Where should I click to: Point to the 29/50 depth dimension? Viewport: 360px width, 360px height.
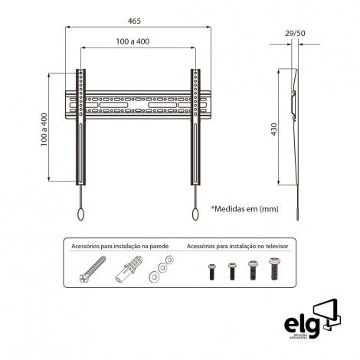pyautogui.click(x=295, y=34)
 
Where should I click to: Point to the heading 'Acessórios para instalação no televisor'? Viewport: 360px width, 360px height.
pyautogui.click(x=237, y=247)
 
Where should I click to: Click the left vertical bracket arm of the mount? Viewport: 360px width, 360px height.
pyautogui.click(x=80, y=126)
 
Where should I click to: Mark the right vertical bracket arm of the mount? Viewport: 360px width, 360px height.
pyautogui.click(x=196, y=126)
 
